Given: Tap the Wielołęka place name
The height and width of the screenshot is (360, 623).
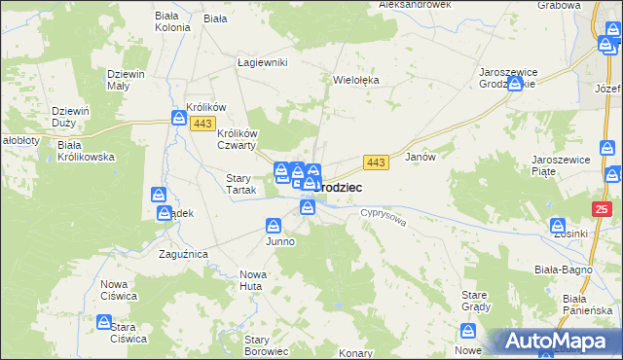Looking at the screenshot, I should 355,81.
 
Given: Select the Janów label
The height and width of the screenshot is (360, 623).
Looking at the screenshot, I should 419,156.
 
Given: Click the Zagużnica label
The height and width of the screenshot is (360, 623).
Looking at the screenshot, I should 183,254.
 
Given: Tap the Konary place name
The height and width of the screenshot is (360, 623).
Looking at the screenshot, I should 358,352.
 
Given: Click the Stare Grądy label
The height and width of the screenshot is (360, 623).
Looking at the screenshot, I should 474,300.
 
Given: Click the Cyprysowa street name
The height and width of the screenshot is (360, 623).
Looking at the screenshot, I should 382,215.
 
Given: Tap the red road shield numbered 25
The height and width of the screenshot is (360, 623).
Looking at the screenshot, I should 603,209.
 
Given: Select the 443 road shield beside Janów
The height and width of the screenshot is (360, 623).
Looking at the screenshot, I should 378,161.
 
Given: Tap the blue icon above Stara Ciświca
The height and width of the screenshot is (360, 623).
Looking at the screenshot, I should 104,322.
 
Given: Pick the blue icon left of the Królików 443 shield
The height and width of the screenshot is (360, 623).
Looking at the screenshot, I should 180,118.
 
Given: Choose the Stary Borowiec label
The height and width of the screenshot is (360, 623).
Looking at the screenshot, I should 266,345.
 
